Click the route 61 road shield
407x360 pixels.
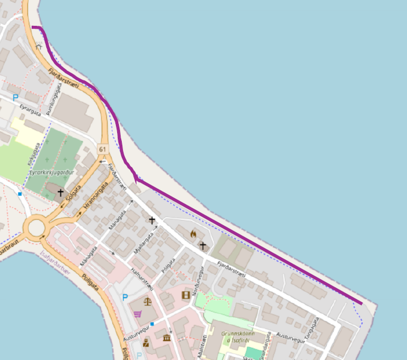pyautogui.click(x=103, y=150)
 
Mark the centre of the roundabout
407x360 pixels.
pyautogui.click(x=39, y=227)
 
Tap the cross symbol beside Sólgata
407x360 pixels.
pyautogui.click(x=60, y=192)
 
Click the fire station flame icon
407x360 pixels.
pyautogui.click(x=194, y=233)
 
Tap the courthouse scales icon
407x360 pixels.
pyautogui.click(x=146, y=304)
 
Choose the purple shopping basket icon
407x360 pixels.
pyautogui.click(x=137, y=314)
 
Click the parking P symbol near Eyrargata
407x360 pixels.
pyautogui.click(x=16, y=97)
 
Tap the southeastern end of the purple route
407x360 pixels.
pyautogui.click(x=361, y=303)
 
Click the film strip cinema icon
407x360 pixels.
pyautogui.click(x=186, y=295)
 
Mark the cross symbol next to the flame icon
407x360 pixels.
pyautogui.click(x=203, y=245)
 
